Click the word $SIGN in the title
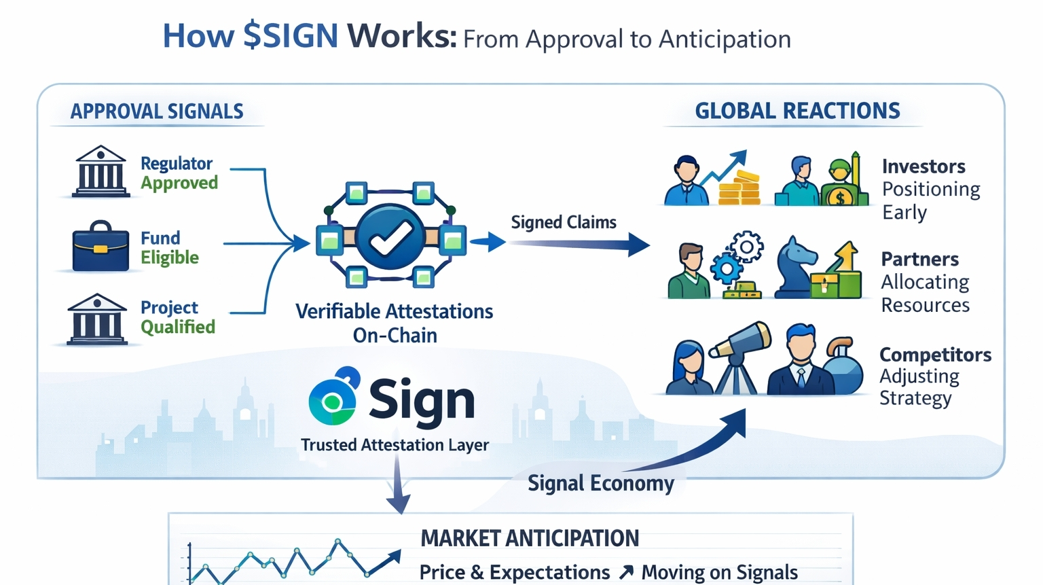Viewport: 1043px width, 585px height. (x=291, y=36)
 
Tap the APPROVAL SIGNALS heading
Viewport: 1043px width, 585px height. (x=157, y=111)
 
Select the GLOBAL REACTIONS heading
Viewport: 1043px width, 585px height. (x=797, y=111)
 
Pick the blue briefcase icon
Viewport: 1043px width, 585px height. (x=100, y=247)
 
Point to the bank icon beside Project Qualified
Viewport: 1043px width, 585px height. (x=97, y=319)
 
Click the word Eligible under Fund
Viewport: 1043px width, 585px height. (x=170, y=258)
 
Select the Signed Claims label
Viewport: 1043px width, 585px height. (x=564, y=222)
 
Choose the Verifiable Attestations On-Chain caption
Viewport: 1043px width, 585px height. (x=395, y=323)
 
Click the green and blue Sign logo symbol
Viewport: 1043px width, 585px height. (x=333, y=397)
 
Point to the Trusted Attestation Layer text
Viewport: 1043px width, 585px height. (x=395, y=445)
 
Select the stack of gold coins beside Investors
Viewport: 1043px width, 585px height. (x=739, y=188)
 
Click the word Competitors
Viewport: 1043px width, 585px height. (x=935, y=355)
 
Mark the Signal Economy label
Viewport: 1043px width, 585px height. (x=600, y=483)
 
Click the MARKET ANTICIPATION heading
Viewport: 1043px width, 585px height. (x=530, y=538)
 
